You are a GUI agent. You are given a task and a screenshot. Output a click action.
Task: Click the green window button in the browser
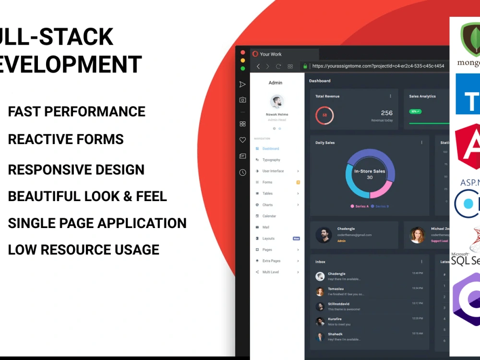(x=243, y=69)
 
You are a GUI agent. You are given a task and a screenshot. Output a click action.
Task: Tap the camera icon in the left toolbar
(x=243, y=100)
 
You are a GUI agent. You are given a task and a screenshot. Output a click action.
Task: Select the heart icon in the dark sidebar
(x=243, y=140)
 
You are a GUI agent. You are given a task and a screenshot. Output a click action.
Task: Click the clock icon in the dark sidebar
(x=243, y=172)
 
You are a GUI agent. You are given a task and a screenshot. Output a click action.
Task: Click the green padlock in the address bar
(x=304, y=66)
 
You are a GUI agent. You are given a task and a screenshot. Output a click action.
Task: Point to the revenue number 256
(x=386, y=113)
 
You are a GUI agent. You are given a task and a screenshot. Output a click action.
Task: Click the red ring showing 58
(x=324, y=115)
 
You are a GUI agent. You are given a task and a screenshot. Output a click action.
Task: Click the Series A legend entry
(x=360, y=206)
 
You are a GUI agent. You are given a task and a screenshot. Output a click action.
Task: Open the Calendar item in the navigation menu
(x=269, y=216)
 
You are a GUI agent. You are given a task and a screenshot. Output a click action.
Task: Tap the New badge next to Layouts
(x=297, y=239)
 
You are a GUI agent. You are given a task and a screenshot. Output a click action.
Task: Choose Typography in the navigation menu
(x=271, y=160)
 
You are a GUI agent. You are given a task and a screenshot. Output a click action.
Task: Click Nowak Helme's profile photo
(x=276, y=102)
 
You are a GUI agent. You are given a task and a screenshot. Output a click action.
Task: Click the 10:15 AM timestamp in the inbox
(x=417, y=333)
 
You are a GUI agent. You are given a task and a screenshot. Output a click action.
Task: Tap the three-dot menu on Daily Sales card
(x=422, y=143)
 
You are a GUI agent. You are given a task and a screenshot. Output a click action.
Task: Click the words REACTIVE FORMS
(x=66, y=140)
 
